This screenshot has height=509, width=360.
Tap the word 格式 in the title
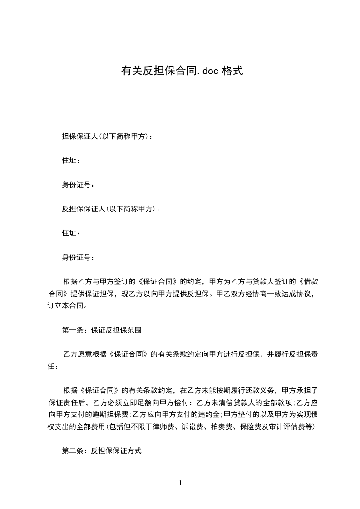(x=233, y=71)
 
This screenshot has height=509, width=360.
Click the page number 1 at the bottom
(x=180, y=483)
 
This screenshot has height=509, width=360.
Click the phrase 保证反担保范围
(x=116, y=330)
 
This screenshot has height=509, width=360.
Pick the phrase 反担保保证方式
(x=116, y=451)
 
